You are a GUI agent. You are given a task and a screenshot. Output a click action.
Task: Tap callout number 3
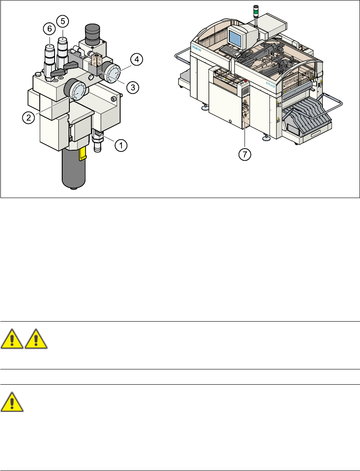click(132, 87)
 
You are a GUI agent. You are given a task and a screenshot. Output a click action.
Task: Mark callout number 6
click(49, 29)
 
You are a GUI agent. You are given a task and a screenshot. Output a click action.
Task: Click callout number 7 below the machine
click(244, 154)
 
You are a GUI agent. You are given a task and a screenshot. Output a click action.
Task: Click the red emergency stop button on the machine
click(245, 80)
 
